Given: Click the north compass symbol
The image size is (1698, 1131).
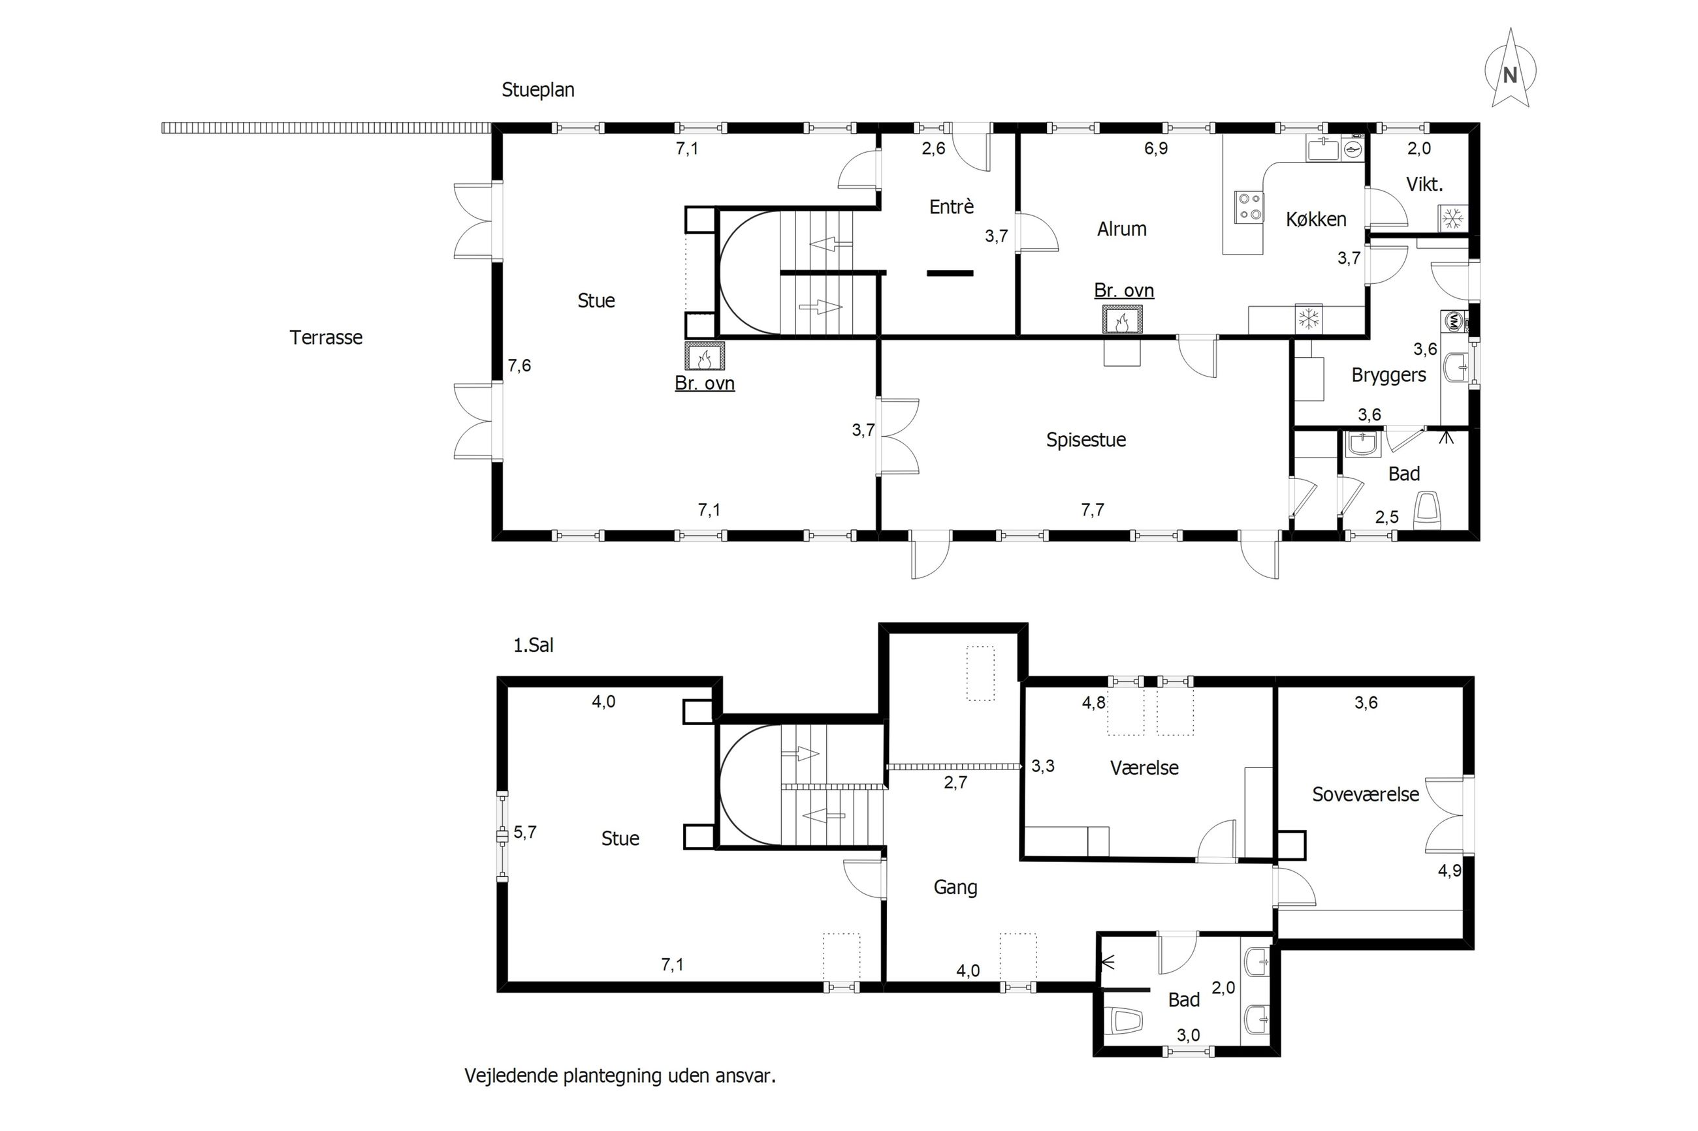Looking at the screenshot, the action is click(x=1510, y=69).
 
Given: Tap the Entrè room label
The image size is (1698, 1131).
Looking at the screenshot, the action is click(x=951, y=207).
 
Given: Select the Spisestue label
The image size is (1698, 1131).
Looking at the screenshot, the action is click(x=1086, y=440).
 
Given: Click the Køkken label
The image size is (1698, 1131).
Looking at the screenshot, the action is click(x=1316, y=219).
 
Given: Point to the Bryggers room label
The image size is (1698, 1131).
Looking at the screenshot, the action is click(x=1388, y=376).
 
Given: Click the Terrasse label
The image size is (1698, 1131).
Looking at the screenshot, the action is click(x=326, y=337).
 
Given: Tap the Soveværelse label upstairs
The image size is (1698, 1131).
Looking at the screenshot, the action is click(x=1366, y=794).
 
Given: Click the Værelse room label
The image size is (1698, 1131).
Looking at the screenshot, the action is click(x=1144, y=767).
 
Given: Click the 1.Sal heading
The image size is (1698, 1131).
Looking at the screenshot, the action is click(x=534, y=645).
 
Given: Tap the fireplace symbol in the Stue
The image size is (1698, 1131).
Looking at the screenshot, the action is click(x=704, y=356).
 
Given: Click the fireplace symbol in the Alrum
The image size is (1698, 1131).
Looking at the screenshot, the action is click(x=1123, y=320).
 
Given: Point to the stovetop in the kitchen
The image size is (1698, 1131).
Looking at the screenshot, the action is click(x=1249, y=207).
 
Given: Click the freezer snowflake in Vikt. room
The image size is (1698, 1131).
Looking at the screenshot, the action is click(x=1452, y=218).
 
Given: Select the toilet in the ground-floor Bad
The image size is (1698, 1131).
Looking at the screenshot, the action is click(x=1426, y=508).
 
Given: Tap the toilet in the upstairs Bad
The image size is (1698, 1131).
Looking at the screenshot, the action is click(x=1125, y=1021).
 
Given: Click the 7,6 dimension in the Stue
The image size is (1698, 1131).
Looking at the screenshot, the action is click(x=519, y=365).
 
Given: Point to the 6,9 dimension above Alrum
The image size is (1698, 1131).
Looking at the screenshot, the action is click(x=1156, y=149).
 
